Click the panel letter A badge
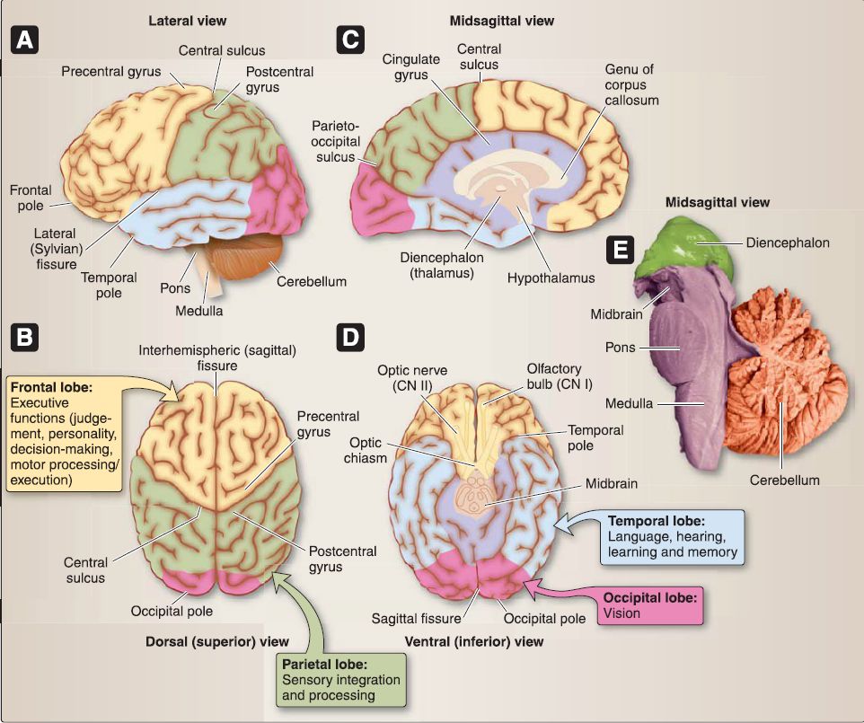coord(25,41)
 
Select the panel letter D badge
coord(349,339)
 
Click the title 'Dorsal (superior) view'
coord(216,641)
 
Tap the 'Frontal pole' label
coord(31,198)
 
